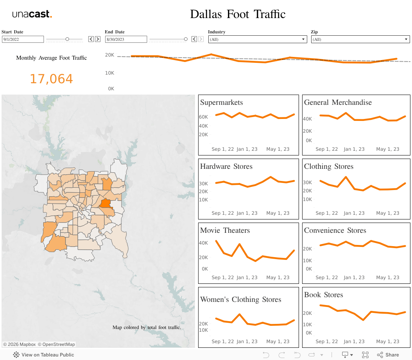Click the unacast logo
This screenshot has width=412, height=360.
32,14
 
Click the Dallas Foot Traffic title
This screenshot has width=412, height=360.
238,14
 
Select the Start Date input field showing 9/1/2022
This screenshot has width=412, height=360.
23,39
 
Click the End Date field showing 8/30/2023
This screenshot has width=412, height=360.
126,39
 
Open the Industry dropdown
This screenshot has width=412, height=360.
257,39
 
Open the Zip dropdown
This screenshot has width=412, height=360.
360,39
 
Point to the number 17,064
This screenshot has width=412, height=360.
51,79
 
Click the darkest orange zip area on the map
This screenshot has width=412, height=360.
105,203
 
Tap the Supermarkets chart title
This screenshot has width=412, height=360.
221,102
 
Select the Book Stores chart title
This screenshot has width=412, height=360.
323,295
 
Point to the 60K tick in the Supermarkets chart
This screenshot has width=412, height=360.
203,117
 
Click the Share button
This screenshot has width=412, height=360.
388,355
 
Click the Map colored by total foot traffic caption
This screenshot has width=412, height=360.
147,327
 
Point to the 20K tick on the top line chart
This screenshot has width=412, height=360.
109,55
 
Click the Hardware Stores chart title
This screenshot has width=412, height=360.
226,166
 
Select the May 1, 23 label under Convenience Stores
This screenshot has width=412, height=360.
387,277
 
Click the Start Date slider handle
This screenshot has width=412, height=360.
67,39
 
